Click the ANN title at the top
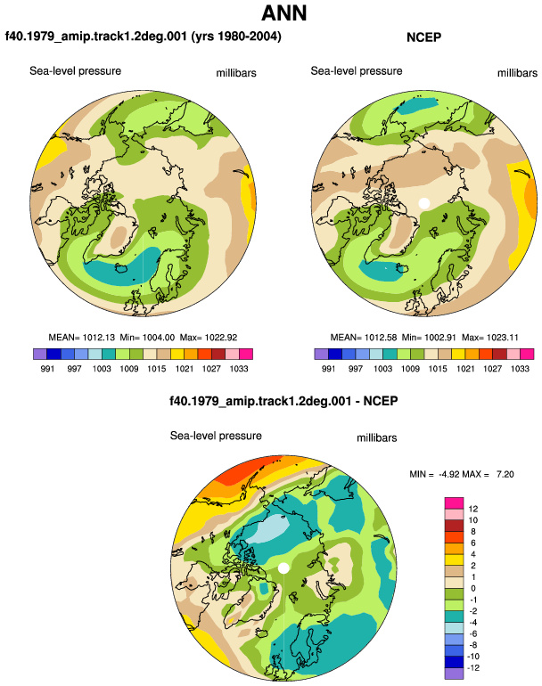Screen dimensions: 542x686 tap(283, 12)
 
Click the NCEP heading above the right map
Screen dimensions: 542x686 tap(423, 37)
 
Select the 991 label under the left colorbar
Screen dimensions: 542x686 tap(47, 368)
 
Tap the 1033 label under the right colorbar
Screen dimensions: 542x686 tap(520, 368)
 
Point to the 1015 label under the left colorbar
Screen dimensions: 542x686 tap(156, 368)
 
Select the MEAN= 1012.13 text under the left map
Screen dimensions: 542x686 tap(81, 338)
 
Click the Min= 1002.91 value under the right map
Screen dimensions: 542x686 tap(429, 338)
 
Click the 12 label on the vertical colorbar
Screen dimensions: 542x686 tap(472, 509)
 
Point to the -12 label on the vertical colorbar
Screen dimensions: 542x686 tap(472, 667)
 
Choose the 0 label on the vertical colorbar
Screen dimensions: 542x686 tap(472, 588)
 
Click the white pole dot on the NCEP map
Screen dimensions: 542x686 tap(423, 203)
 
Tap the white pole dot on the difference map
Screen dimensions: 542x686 tap(283, 568)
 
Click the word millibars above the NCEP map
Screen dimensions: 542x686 tap(517, 73)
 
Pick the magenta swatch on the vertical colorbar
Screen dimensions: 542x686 tap(454, 503)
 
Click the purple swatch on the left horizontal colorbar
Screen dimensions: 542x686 tap(40, 354)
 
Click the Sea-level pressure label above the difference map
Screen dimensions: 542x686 tap(216, 436)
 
